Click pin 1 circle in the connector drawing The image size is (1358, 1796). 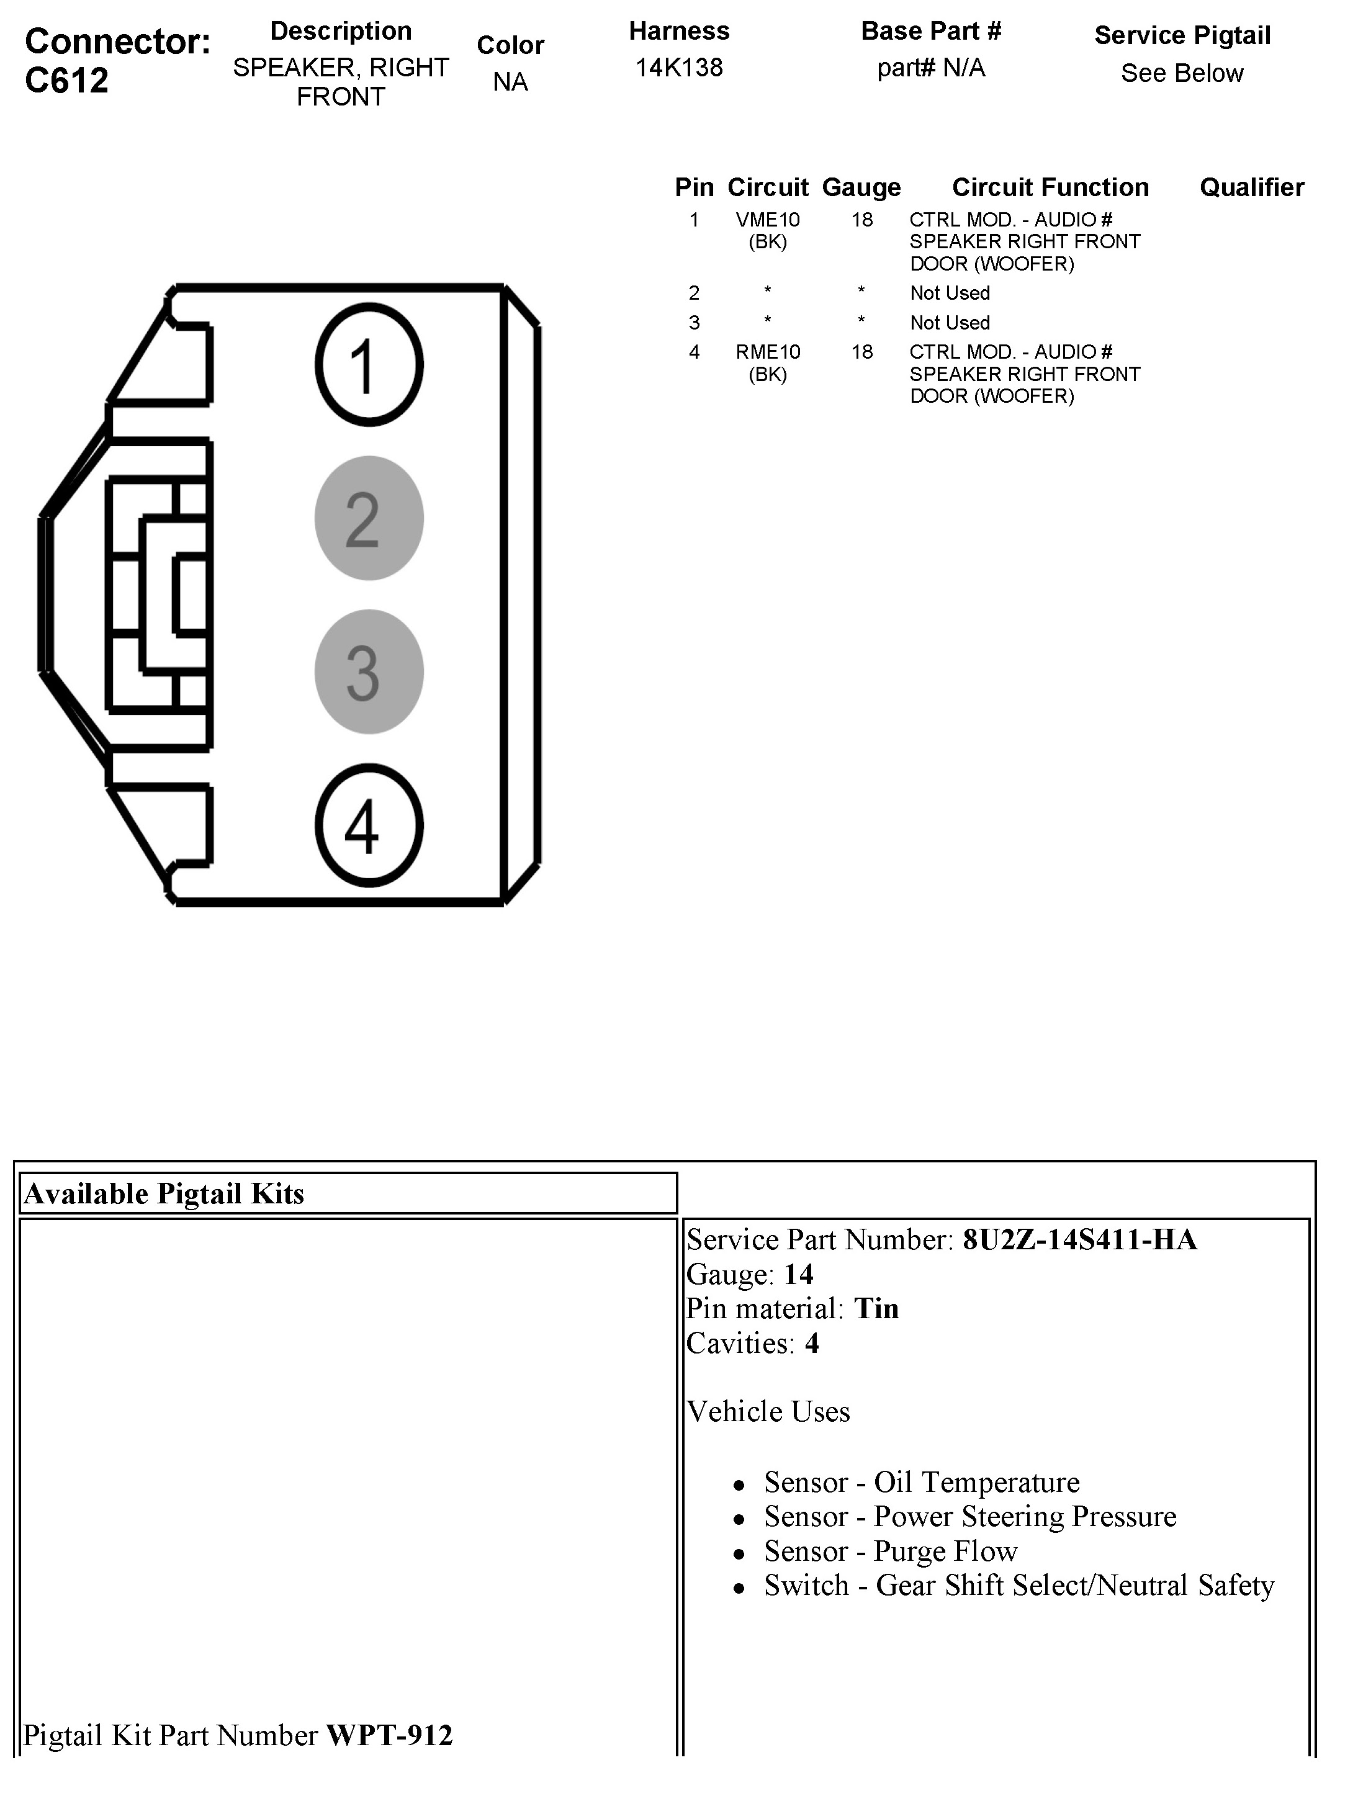coord(369,364)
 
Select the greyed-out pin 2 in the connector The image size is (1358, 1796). coord(369,518)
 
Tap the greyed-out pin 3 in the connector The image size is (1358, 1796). coord(369,671)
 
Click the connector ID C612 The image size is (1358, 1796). coord(66,81)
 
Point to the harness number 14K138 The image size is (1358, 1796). coord(679,68)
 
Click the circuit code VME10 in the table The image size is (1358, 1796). coord(768,220)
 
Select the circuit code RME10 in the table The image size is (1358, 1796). coord(768,352)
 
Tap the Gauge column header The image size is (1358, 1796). coord(861,187)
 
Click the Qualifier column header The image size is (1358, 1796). coord(1252,187)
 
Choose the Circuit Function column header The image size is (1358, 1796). coord(1050,187)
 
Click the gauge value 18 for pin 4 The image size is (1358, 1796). coord(861,352)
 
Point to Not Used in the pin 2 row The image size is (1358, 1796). coord(950,293)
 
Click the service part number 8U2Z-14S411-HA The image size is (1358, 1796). coord(1079,1240)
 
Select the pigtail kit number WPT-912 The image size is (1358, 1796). coord(389,1735)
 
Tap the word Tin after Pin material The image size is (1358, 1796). coord(876,1309)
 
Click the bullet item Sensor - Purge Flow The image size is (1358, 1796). coord(890,1551)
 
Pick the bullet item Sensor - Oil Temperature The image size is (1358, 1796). coord(922,1483)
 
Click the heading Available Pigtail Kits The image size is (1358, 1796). coord(164,1193)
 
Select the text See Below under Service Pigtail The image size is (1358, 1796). coord(1182,74)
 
